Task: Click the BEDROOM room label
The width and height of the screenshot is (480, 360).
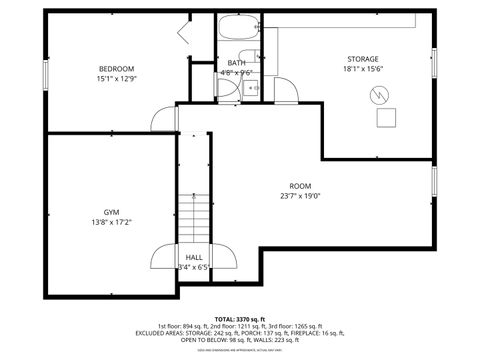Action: [116, 68]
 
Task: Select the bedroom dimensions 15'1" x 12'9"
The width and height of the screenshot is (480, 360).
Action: [116, 78]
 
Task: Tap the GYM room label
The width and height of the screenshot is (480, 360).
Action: [111, 212]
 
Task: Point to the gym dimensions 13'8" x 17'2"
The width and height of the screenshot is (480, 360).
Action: [111, 222]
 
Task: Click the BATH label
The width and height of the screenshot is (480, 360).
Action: [237, 63]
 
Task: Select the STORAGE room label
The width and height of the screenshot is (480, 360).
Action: [363, 59]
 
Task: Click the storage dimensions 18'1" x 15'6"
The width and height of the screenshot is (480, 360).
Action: [363, 70]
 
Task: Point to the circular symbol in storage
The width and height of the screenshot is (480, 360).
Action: [381, 96]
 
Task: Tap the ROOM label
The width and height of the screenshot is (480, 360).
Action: [300, 186]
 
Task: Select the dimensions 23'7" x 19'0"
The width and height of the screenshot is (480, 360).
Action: [300, 197]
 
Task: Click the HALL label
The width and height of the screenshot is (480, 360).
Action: [194, 257]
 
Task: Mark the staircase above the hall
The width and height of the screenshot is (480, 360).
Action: [194, 215]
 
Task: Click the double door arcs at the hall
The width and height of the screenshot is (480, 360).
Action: [194, 258]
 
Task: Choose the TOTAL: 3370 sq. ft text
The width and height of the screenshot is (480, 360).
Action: [239, 317]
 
